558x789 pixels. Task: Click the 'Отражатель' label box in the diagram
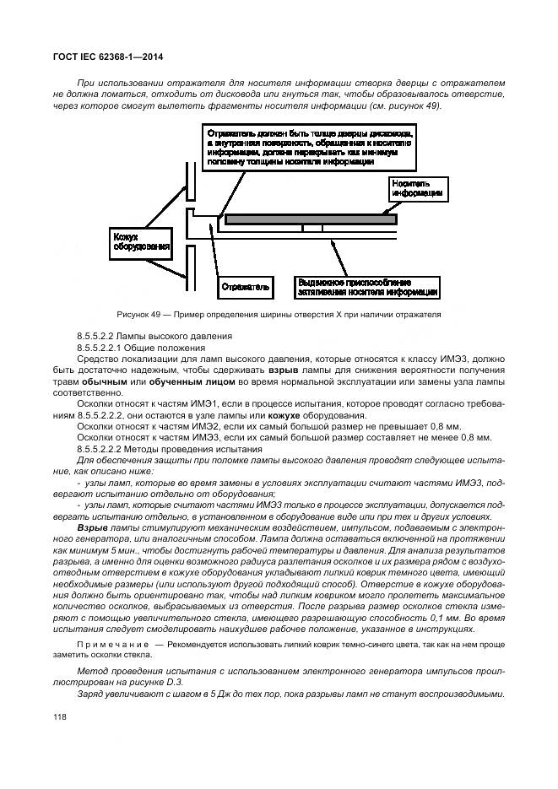point(246,287)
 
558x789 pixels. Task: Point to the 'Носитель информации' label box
point(417,188)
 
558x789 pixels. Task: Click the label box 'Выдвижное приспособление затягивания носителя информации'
point(366,287)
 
